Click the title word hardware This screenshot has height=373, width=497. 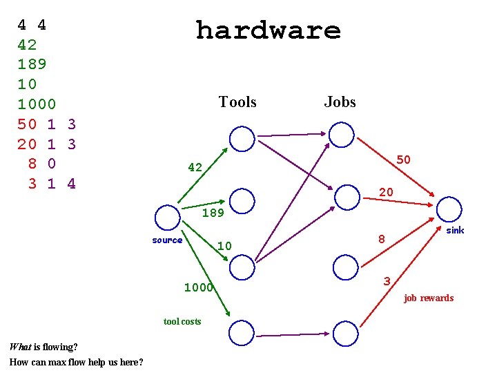tap(268, 30)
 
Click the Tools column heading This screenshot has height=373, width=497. tap(237, 102)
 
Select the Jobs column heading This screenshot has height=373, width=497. tap(340, 102)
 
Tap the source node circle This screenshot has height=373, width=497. tap(168, 218)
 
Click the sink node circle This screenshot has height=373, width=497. tap(449, 209)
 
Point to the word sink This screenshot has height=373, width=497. tap(455, 230)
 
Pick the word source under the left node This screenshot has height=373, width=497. tap(167, 240)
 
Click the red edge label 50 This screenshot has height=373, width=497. tap(404, 160)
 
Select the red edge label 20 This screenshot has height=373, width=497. tap(387, 192)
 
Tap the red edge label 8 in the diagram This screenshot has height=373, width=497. tap(381, 240)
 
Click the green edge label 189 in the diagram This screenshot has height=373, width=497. tap(213, 213)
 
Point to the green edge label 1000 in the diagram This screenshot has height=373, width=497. tap(198, 287)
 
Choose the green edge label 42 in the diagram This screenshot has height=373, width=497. tap(195, 167)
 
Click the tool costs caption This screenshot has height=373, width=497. tap(182, 321)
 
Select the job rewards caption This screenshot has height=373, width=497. tap(429, 298)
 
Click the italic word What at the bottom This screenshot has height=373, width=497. tap(20, 347)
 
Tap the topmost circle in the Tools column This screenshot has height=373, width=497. tap(242, 139)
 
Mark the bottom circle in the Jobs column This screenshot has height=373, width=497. tap(345, 333)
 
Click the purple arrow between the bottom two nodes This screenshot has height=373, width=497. tap(293, 334)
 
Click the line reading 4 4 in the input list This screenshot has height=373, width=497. tap(32, 26)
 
